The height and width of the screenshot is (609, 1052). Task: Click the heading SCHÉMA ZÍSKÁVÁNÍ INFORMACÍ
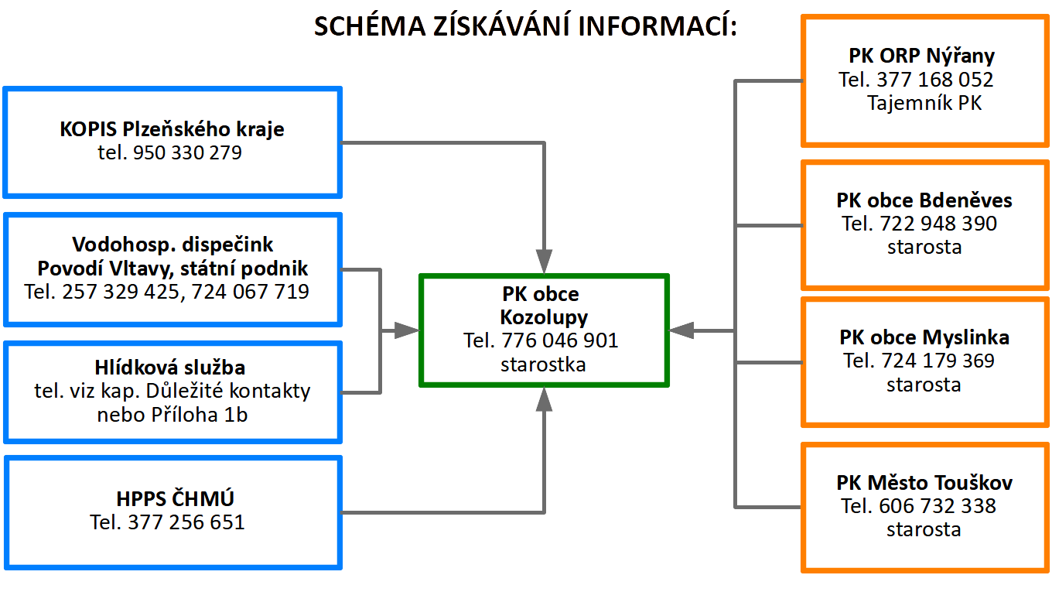click(x=525, y=26)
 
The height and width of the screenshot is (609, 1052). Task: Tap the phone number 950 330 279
click(x=187, y=152)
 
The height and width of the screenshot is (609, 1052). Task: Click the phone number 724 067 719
click(x=251, y=292)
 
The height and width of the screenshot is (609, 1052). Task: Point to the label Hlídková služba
click(x=170, y=368)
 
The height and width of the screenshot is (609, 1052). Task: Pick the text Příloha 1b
click(x=199, y=416)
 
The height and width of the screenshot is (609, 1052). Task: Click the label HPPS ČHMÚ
click(x=175, y=499)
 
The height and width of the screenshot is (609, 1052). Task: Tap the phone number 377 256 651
click(x=186, y=522)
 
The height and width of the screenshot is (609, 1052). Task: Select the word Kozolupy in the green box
click(x=544, y=318)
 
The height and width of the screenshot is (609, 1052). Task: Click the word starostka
click(x=543, y=364)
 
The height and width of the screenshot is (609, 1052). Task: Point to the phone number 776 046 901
click(x=560, y=340)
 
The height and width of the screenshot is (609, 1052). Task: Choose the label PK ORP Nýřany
click(x=921, y=56)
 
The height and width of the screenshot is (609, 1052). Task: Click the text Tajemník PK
click(x=924, y=103)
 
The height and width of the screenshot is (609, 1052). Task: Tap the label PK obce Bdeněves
click(x=924, y=200)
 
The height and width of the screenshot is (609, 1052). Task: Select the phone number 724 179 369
click(x=938, y=361)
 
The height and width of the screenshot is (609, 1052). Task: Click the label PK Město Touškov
click(x=924, y=483)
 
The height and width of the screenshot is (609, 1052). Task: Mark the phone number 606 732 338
click(x=938, y=506)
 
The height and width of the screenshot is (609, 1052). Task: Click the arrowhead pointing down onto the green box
click(x=544, y=262)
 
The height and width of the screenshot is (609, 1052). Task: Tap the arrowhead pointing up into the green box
click(x=544, y=399)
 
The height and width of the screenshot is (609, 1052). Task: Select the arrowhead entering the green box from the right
click(x=681, y=330)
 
